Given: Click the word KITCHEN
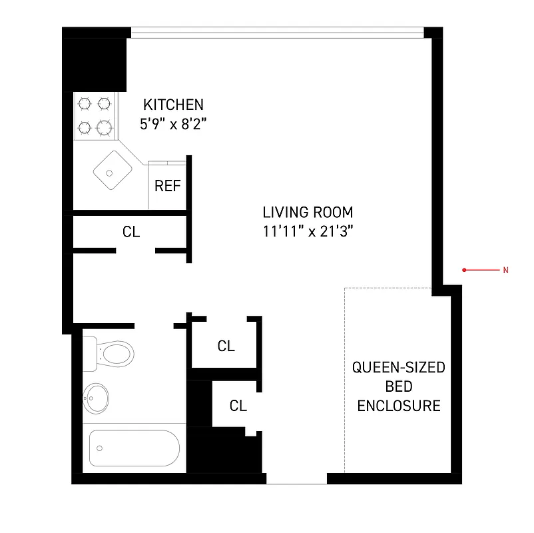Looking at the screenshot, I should [174, 105].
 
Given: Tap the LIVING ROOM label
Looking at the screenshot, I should [307, 213].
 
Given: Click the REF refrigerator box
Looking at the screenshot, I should [167, 186].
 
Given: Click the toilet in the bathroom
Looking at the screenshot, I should [110, 352].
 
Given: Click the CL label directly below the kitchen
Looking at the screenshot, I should [131, 232].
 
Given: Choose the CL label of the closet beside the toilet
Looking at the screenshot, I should [226, 346].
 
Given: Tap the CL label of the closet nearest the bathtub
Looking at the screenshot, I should [238, 405].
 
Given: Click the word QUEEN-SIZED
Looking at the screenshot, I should [399, 368].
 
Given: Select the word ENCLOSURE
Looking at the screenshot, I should [399, 405].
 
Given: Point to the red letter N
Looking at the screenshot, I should [505, 270].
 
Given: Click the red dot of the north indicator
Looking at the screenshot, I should [464, 270].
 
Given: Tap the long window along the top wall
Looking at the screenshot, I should [277, 31].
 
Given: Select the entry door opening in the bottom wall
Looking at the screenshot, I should [296, 478].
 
